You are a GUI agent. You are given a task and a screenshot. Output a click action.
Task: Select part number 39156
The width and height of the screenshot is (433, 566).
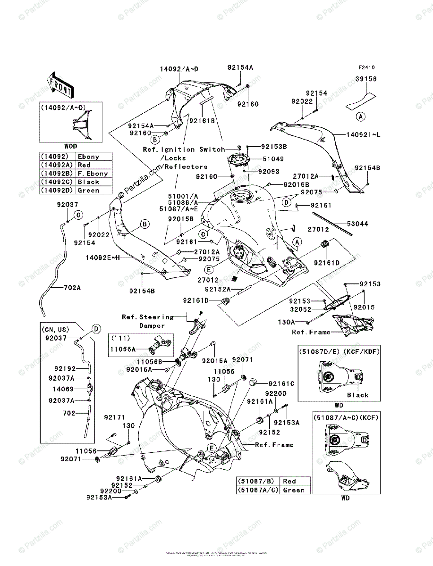point(366,79)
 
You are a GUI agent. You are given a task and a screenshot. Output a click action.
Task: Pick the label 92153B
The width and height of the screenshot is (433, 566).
point(274,147)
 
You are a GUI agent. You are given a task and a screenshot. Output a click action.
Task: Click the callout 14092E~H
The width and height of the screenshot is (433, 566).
point(103,258)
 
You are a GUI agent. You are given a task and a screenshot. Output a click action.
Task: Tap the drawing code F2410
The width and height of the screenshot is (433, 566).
point(365,68)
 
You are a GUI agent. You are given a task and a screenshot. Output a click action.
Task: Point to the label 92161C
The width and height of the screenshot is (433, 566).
point(281,384)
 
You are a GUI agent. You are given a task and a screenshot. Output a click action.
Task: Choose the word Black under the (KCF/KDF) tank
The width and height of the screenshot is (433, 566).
point(357,395)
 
